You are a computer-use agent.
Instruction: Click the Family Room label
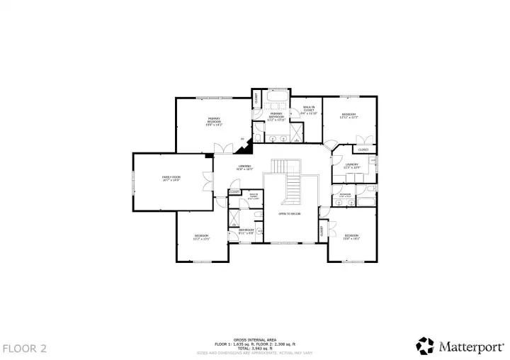(171, 179)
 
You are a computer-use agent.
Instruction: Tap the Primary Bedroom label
(214, 120)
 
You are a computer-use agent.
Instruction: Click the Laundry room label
(352, 166)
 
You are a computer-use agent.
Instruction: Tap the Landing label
(244, 167)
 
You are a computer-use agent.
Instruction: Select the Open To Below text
(289, 213)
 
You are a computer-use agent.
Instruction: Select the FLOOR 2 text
(25, 348)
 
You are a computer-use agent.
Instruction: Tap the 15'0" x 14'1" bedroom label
(352, 237)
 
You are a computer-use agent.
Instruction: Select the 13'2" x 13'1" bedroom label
(201, 237)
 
